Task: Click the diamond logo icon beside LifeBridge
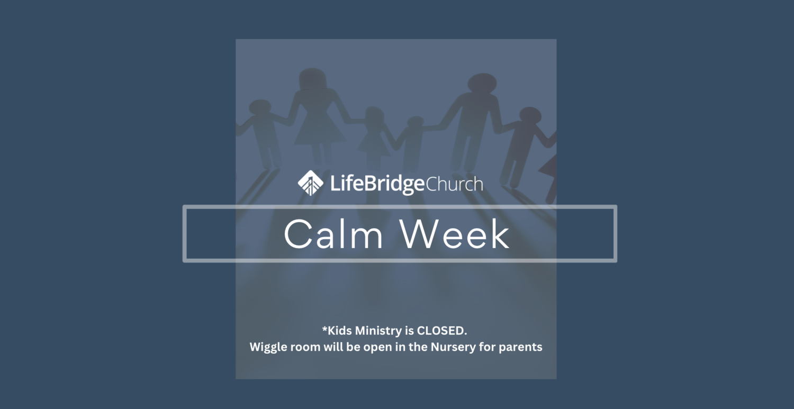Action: click(311, 183)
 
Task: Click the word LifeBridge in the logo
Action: click(377, 184)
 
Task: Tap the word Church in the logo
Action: click(454, 184)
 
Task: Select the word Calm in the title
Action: click(333, 234)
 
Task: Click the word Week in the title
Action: click(455, 234)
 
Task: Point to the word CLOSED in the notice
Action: click(441, 331)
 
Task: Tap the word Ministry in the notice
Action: click(378, 331)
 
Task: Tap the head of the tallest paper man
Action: click(482, 84)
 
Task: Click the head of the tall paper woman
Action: click(312, 79)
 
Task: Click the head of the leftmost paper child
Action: click(260, 107)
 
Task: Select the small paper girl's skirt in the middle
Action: click(374, 144)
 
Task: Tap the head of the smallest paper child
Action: click(415, 122)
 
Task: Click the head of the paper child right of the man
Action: click(530, 115)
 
